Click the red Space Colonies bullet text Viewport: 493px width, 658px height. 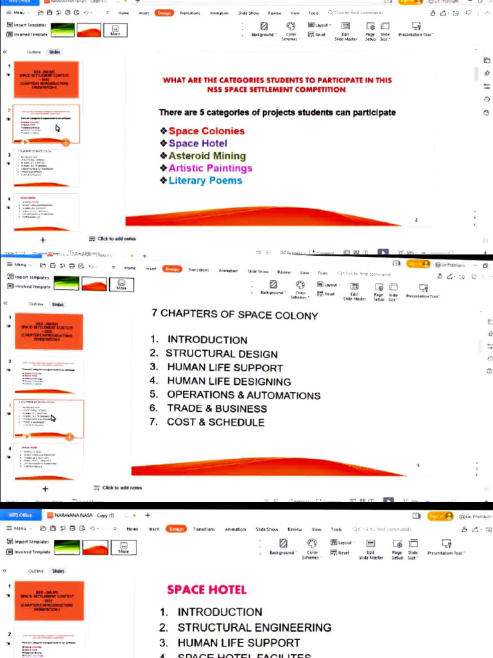[206, 131]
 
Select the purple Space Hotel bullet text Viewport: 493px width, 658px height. [198, 143]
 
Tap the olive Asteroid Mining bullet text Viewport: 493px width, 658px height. [207, 156]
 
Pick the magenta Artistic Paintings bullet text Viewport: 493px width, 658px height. [210, 168]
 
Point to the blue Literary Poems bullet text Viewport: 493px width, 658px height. [205, 181]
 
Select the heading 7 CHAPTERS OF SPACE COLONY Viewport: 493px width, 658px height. [234, 315]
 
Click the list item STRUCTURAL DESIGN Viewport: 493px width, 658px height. [221, 354]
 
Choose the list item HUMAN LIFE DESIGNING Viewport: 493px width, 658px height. [229, 382]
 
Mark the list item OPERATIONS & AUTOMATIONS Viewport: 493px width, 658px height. [243, 395]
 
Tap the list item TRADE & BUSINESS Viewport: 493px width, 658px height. [216, 409]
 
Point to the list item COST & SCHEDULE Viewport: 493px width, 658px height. [215, 422]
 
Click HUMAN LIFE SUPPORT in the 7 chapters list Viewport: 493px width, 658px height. [225, 368]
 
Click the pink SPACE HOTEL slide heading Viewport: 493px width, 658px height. [206, 589]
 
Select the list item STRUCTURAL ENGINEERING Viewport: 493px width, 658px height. [254, 627]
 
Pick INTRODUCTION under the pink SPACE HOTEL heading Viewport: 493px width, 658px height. [220, 612]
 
